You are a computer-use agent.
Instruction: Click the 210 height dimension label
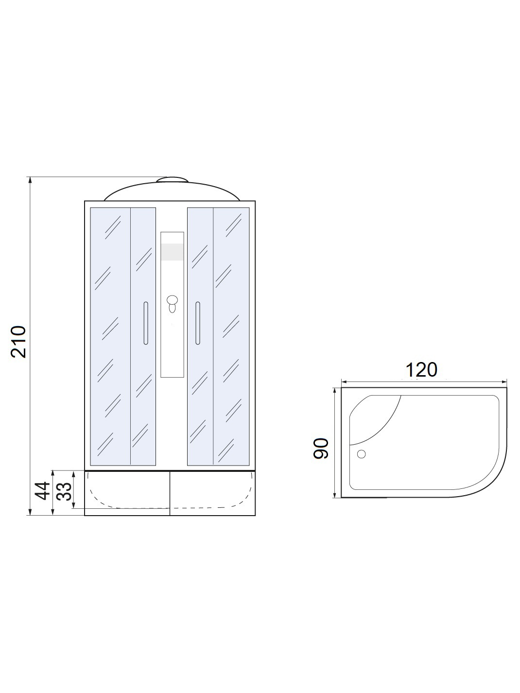pos(18,342)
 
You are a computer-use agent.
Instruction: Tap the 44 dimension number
pos(42,491)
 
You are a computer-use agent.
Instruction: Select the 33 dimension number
pos(64,491)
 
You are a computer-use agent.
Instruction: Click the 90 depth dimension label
pos(321,449)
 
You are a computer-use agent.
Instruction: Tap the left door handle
pos(145,323)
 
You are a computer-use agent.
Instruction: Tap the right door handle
pos(198,323)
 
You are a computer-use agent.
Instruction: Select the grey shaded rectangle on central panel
pos(172,252)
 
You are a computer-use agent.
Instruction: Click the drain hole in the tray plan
pos(361,454)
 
